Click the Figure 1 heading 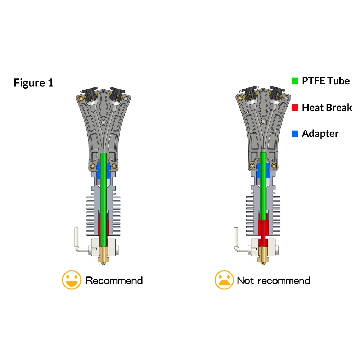click(x=33, y=83)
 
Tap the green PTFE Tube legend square click(x=294, y=81)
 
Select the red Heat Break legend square click(x=294, y=107)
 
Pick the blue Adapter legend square click(x=294, y=134)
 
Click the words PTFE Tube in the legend click(x=326, y=81)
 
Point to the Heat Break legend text click(x=327, y=107)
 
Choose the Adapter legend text click(x=320, y=134)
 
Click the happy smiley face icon click(x=72, y=280)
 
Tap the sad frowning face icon click(x=224, y=280)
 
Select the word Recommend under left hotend click(x=114, y=280)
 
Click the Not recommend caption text click(x=274, y=280)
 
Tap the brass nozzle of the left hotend click(x=104, y=256)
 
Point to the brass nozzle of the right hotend click(x=264, y=256)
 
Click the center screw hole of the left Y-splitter click(x=104, y=122)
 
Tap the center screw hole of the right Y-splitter click(x=264, y=121)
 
